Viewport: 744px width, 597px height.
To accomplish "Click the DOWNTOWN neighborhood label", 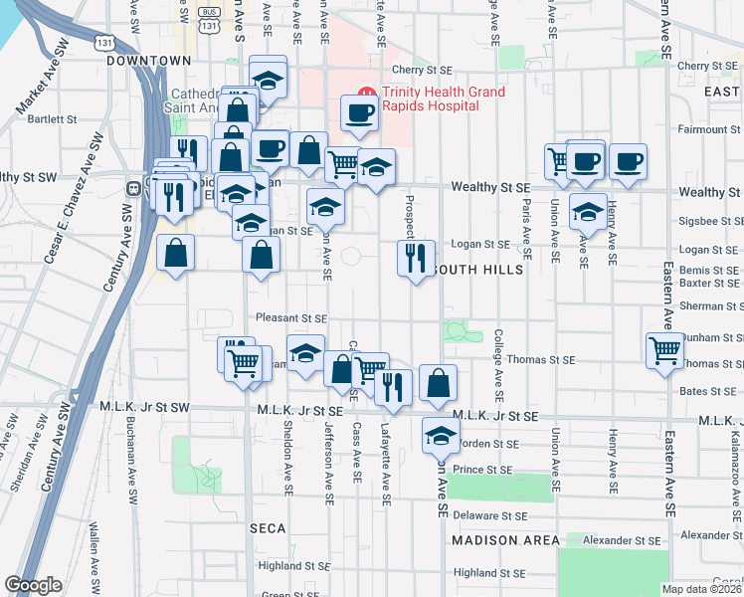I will [x=148, y=61].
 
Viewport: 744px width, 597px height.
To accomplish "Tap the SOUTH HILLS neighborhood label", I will [x=472, y=270].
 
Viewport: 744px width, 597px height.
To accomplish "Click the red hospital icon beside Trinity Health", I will [x=366, y=93].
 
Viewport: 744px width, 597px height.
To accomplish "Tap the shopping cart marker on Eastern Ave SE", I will [x=663, y=349].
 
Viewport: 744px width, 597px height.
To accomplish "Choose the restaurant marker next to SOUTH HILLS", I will [x=415, y=259].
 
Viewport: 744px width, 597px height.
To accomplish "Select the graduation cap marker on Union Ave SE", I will [x=588, y=212].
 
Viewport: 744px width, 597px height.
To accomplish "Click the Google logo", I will [x=33, y=585].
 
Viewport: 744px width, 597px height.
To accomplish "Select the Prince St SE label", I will [x=481, y=470].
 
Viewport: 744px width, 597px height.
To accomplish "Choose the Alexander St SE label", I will [x=622, y=540].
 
